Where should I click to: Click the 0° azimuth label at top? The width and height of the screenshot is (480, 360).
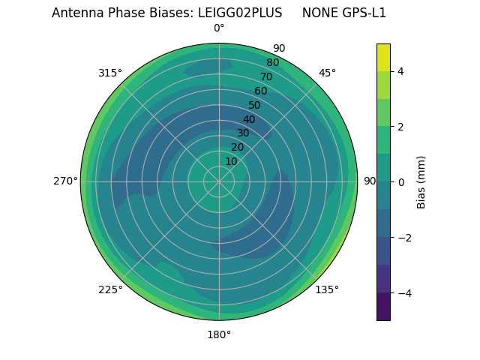click(x=219, y=28)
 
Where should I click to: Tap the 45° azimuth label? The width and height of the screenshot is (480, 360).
click(x=327, y=73)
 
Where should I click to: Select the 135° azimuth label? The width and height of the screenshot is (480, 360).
click(x=327, y=289)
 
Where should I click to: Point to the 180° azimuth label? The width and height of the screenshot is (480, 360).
click(x=219, y=334)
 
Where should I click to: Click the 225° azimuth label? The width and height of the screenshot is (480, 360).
click(x=110, y=289)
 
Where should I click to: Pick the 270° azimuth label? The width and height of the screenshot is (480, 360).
click(x=65, y=181)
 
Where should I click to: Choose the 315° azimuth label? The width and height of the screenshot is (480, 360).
click(x=110, y=73)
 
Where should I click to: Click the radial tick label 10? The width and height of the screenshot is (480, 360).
click(x=231, y=161)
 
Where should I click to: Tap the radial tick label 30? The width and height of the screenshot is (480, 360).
click(x=243, y=133)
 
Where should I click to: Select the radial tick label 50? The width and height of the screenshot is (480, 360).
click(x=254, y=105)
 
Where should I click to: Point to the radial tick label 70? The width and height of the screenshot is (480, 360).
click(x=266, y=76)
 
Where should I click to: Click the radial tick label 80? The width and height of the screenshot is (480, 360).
click(x=272, y=63)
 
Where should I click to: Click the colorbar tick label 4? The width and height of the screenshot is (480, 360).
click(x=401, y=71)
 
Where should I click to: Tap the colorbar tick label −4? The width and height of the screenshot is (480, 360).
click(x=404, y=292)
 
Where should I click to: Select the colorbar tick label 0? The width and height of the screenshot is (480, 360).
click(x=401, y=182)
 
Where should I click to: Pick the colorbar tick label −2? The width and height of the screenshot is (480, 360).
click(x=404, y=238)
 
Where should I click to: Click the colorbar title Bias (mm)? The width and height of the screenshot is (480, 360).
click(x=421, y=182)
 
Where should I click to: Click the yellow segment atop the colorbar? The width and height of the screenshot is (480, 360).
click(x=383, y=57)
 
